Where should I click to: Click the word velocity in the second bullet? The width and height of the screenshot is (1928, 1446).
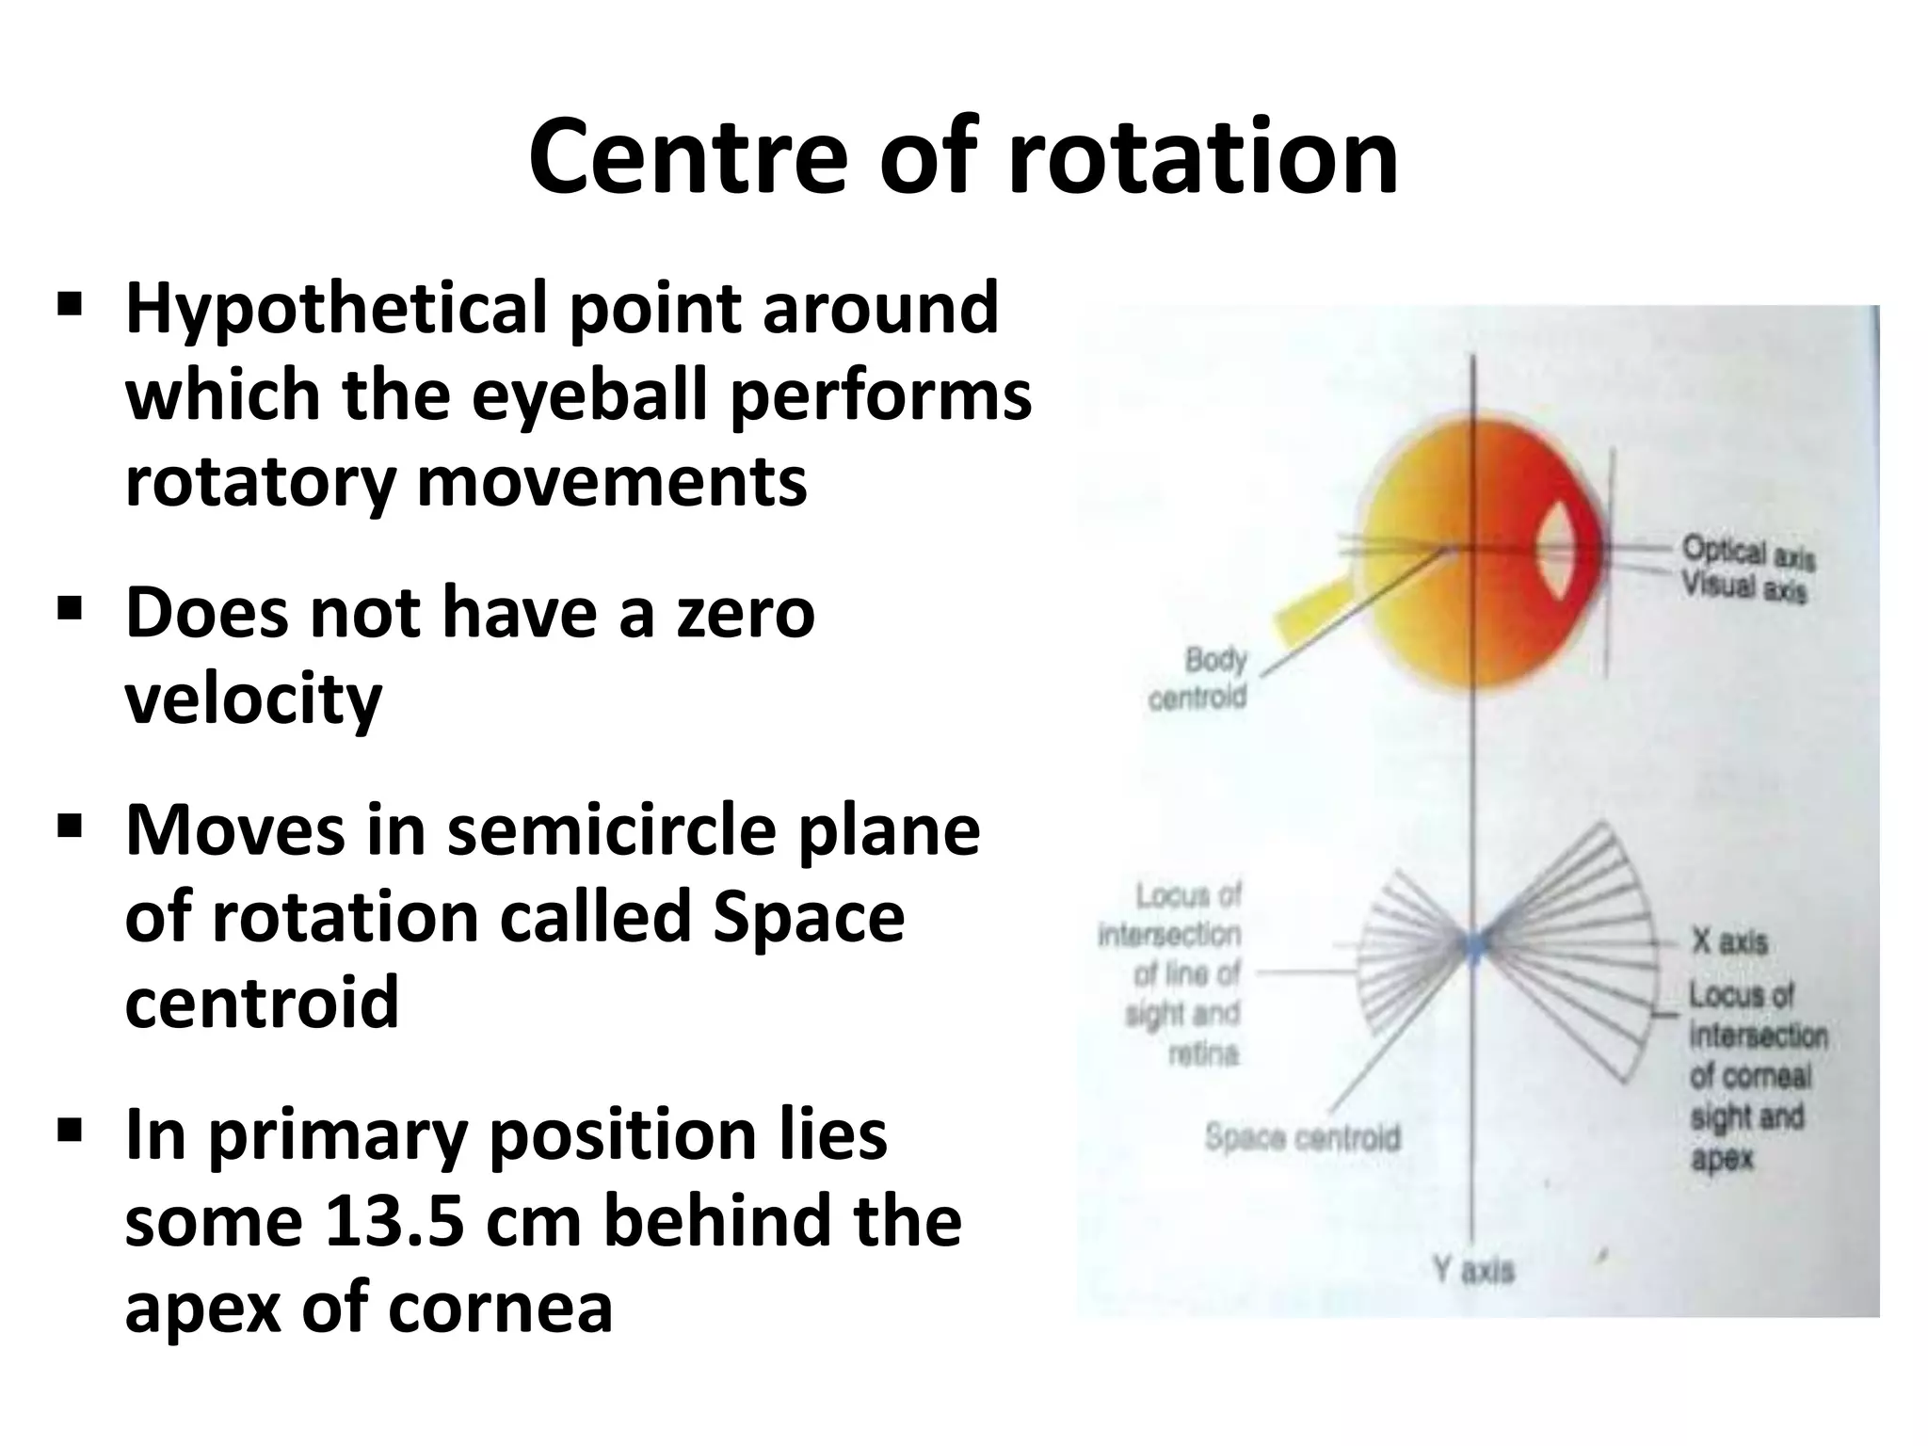pyautogui.click(x=253, y=699)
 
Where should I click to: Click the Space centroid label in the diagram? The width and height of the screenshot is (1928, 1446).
pyautogui.click(x=1302, y=1138)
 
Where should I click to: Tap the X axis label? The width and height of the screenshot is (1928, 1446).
pyautogui.click(x=1728, y=941)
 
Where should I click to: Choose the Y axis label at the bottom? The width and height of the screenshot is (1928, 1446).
pyautogui.click(x=1473, y=1271)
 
